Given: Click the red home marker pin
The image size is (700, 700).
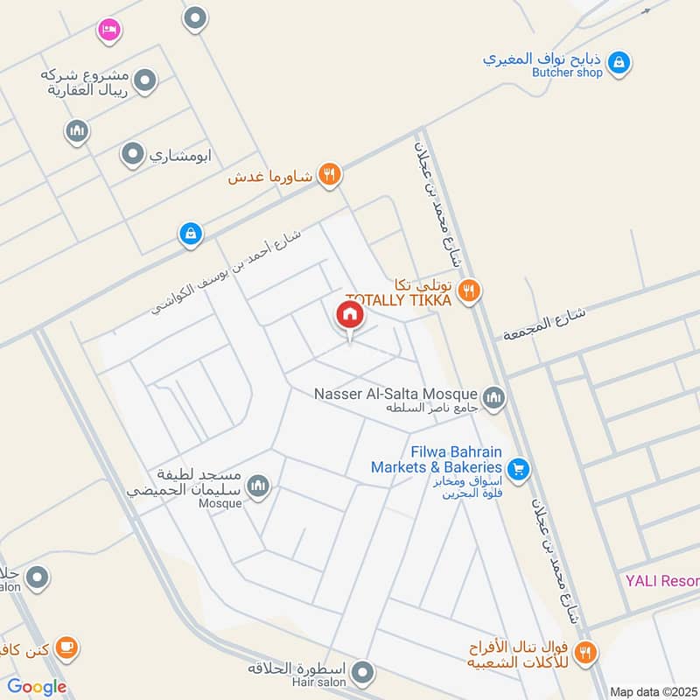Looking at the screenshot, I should (349, 315).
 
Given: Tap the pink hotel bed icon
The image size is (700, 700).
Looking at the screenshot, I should (108, 30).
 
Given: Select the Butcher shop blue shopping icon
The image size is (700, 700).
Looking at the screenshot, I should (619, 62).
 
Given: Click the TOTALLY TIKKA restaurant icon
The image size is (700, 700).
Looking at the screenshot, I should (470, 290).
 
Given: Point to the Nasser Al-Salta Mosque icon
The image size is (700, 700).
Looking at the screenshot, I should (494, 399).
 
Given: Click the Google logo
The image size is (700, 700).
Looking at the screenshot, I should (37, 687).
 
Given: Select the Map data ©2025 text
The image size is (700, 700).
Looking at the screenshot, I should (653, 691).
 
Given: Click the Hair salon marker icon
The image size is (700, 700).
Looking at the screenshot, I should (364, 673).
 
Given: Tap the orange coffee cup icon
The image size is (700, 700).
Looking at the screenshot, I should (66, 647).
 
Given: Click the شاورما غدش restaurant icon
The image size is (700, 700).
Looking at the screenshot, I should (329, 173).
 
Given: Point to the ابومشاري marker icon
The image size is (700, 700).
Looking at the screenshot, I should (132, 155).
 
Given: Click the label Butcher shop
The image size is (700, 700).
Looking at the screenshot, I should (567, 73).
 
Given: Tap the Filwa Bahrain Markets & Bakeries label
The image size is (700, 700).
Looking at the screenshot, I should (436, 459).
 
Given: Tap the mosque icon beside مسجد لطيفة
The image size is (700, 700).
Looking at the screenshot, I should (257, 486).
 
